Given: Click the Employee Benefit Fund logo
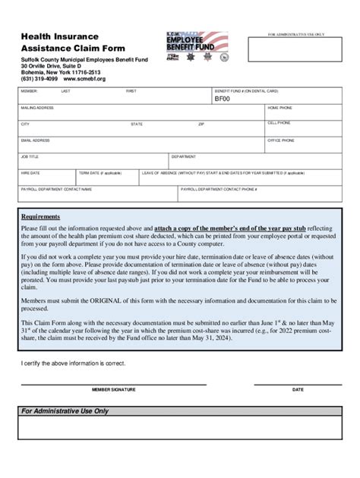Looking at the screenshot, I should [x=197, y=47].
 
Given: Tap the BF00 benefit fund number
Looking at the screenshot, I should [x=222, y=99].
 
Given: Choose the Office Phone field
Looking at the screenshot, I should [x=303, y=145].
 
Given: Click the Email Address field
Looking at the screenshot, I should [x=141, y=145].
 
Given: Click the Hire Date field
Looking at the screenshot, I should [x=46, y=178].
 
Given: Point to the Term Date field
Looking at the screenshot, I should [x=107, y=178].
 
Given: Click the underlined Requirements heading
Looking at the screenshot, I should [x=41, y=216].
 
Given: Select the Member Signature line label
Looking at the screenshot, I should [x=114, y=389].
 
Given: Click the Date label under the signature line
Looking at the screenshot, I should [x=298, y=389].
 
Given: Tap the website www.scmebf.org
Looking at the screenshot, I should [x=84, y=78].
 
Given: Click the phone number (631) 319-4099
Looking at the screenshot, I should [x=39, y=78].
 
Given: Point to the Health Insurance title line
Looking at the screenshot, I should [x=60, y=36].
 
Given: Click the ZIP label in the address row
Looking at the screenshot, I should [x=201, y=124].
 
